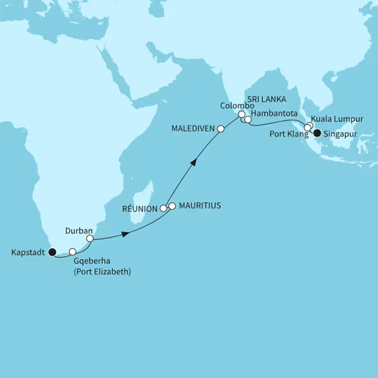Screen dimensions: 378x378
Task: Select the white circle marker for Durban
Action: coord(90,239)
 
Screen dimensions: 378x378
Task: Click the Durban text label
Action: coord(79,229)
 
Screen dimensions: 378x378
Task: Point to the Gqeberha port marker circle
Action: coord(73,252)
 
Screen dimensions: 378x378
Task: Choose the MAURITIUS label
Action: coord(199,206)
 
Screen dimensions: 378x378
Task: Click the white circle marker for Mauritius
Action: coord(172,206)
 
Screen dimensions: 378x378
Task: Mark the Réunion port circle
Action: coord(164,209)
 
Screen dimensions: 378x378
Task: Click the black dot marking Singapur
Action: coord(317,133)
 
